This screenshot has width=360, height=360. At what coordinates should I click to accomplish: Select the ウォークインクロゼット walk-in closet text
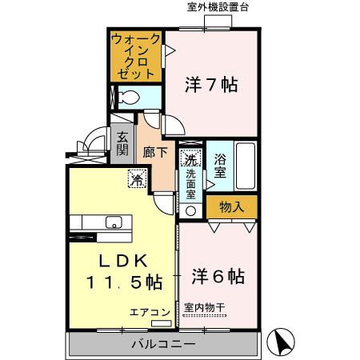click(135, 55)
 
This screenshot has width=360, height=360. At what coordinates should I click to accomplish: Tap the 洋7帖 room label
click(212, 84)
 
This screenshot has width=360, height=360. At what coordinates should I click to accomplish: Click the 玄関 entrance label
click(122, 144)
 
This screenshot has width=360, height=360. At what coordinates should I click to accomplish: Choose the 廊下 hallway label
click(154, 151)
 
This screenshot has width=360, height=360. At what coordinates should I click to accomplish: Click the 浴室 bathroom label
click(220, 164)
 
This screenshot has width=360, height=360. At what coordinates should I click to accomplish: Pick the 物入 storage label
click(232, 207)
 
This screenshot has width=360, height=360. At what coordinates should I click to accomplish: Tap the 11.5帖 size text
click(124, 282)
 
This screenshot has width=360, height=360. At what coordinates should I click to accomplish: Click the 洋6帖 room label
click(218, 277)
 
